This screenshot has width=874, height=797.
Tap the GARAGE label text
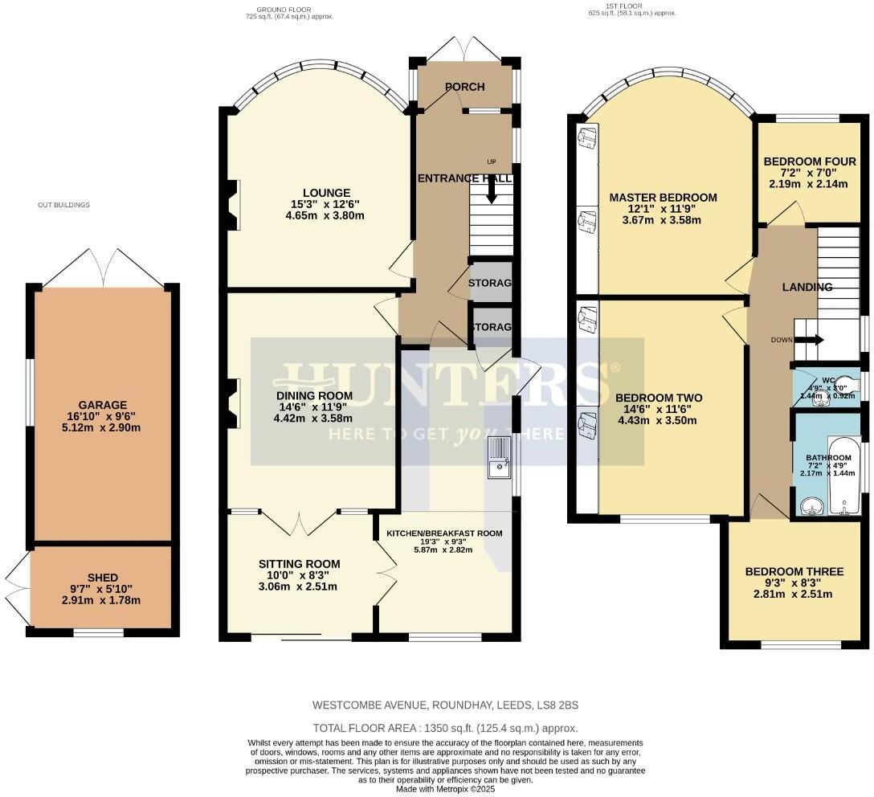(x=103, y=405)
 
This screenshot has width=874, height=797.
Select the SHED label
(x=103, y=578)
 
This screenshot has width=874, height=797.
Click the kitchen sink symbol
(x=500, y=459)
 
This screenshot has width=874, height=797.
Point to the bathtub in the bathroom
(x=844, y=474)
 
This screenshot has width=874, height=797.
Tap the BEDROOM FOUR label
(x=809, y=161)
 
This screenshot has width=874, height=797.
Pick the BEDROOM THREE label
(x=794, y=572)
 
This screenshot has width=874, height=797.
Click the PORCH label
(x=464, y=87)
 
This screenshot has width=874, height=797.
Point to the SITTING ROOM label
(x=299, y=564)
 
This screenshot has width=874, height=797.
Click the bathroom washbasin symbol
(x=811, y=505)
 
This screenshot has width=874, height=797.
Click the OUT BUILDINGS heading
(x=63, y=205)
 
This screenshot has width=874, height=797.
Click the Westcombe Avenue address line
(x=445, y=705)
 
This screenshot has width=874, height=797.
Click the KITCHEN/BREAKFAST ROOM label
(x=444, y=533)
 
